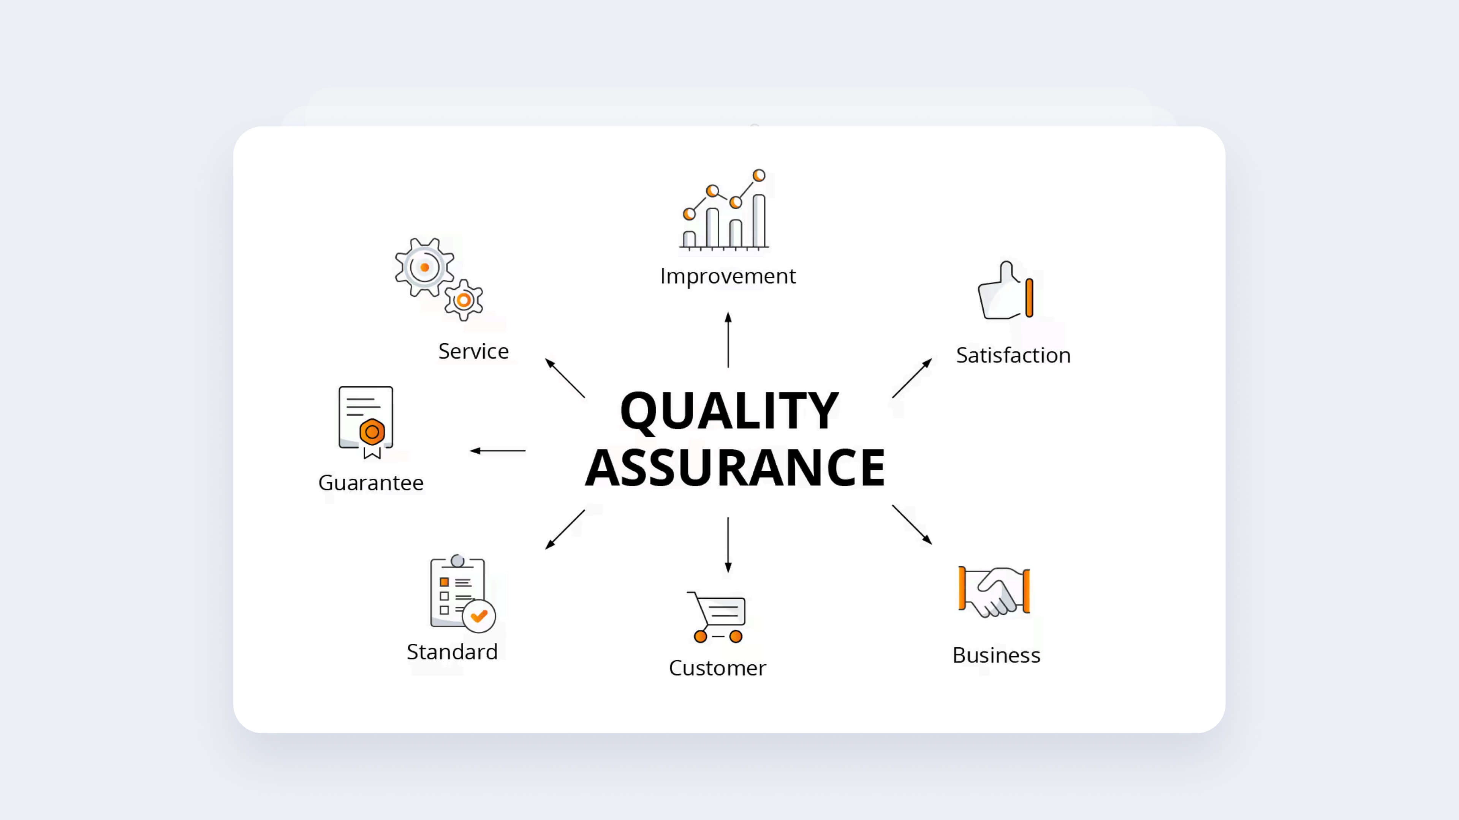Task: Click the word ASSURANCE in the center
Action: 734,467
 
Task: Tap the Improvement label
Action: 728,276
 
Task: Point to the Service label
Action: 473,352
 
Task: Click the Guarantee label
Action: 371,483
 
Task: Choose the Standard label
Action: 452,652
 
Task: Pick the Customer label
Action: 717,668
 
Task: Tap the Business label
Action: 996,655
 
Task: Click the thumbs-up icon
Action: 1005,292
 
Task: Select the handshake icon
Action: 994,591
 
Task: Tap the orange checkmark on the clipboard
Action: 479,616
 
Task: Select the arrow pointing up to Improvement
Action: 728,339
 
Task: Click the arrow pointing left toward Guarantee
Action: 497,451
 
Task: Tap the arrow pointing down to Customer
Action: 728,544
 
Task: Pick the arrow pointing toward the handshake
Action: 912,525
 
